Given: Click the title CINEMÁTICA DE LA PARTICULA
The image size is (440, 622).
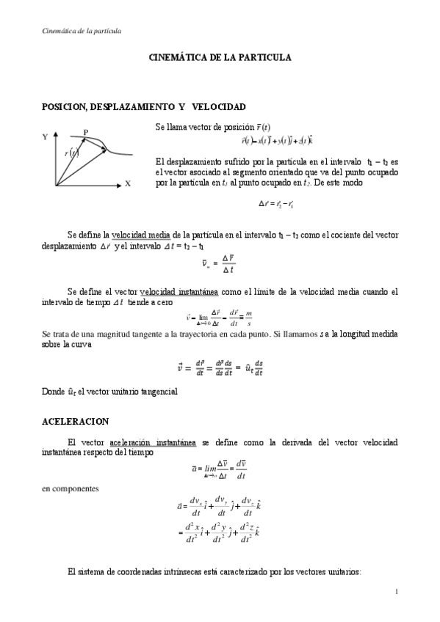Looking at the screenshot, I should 220,56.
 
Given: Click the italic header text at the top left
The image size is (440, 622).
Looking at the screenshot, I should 80,31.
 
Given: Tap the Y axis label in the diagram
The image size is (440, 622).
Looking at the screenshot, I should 46,137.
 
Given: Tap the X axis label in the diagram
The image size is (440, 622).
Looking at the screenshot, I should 128,184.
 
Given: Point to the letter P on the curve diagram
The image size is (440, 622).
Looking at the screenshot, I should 86,133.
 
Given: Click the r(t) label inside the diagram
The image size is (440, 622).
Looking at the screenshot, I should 71,153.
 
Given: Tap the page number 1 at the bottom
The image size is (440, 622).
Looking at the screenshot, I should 396,592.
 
